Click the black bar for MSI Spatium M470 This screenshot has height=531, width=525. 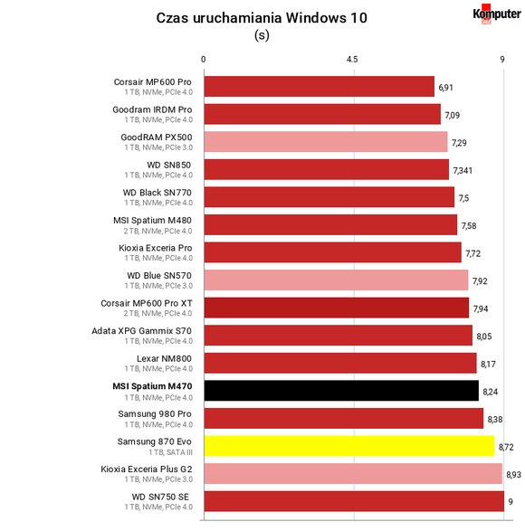pos(341,391)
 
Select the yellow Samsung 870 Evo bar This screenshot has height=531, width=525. pos(349,446)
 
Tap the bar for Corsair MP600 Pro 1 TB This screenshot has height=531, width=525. pos(320,86)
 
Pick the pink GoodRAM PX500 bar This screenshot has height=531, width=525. pos(326,141)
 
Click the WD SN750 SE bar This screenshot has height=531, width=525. pos(354,501)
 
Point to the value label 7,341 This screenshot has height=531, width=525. pos(463,170)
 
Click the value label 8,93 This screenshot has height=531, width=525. pos(513,474)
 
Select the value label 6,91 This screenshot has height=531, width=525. pos(445,88)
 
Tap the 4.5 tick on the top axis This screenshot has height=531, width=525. pos(352,60)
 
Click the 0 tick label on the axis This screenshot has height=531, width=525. pos(203,60)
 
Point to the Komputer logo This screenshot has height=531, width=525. pos(497,14)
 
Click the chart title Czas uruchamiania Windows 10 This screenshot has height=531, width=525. pos(262,18)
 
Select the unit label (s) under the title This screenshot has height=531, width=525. pos(262,35)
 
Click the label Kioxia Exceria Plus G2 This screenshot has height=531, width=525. pos(147,469)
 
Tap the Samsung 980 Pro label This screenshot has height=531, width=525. pos(155,413)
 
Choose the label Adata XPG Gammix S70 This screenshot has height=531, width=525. pos(142,331)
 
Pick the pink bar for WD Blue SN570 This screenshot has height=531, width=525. pos(336,280)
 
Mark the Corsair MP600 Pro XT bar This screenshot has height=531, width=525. pos(337,308)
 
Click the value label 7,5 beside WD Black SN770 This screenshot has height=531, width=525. pos(463,198)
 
